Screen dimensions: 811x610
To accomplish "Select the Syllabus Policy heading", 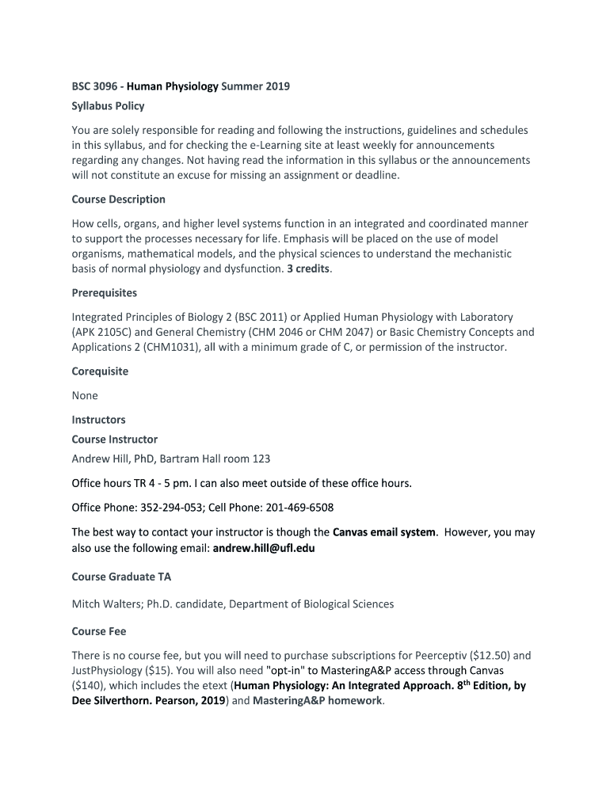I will pos(108,105).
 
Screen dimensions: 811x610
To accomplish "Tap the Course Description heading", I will pos(118,199).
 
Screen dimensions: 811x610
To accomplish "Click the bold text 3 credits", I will pos(309,268).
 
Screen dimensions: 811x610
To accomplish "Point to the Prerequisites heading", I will pos(104,292).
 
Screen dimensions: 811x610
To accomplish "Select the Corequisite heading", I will pos(100,371).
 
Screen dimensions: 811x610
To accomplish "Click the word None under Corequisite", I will pos(85,395).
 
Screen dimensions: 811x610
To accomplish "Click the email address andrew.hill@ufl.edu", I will pos(264,547).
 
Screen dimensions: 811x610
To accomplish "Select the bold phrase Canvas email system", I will pos(384,532).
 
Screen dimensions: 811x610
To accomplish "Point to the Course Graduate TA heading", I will pos(121,577).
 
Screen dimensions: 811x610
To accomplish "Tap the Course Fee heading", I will pos(99,631).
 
